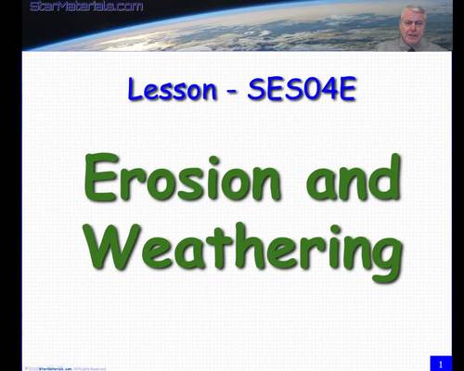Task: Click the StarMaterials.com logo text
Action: tap(86, 6)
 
